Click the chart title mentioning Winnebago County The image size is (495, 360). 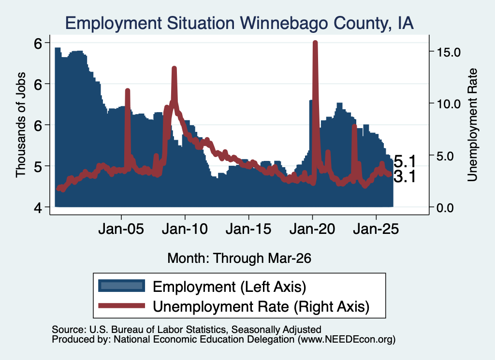click(239, 23)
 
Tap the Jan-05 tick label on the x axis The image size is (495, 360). click(121, 229)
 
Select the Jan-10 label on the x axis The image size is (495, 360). click(185, 229)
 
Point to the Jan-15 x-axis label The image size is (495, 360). click(248, 229)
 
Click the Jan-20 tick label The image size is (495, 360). click(312, 229)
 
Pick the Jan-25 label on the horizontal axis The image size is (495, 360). click(376, 229)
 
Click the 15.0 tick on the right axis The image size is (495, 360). click(449, 52)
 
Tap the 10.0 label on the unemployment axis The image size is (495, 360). click(449, 104)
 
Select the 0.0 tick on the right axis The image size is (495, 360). click(445, 208)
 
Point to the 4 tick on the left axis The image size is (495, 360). click(38, 208)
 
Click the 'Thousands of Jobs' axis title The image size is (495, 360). click(20, 125)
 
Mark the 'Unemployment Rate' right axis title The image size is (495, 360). click(472, 125)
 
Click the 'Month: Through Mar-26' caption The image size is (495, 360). click(239, 258)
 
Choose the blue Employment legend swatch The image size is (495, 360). click(121, 286)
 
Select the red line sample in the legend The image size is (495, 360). click(121, 306)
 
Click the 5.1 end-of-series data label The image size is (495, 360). click(405, 162)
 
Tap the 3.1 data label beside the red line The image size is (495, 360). click(405, 177)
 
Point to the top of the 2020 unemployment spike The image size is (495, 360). click(315, 42)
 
